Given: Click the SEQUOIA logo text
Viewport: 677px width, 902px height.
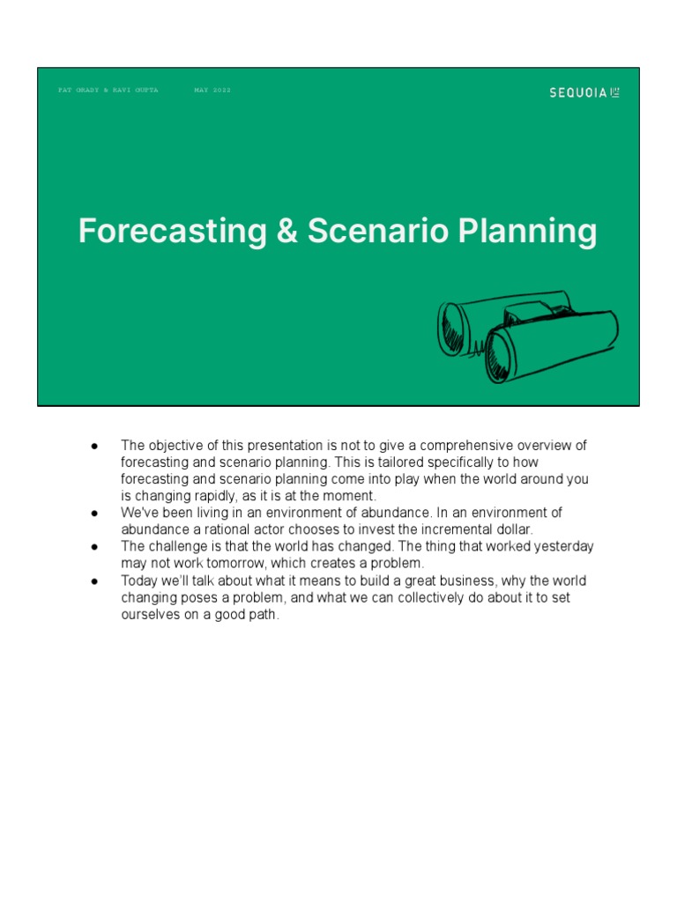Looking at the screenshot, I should [x=578, y=92].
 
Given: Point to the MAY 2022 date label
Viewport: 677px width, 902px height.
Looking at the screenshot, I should [x=212, y=90].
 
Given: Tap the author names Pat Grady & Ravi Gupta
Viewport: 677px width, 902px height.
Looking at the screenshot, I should [x=108, y=90].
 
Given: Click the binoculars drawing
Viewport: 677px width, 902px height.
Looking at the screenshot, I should [x=528, y=337].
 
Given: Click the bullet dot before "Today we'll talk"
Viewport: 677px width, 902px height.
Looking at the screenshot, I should [x=93, y=581].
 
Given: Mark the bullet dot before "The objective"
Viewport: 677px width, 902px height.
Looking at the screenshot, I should [x=93, y=446].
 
